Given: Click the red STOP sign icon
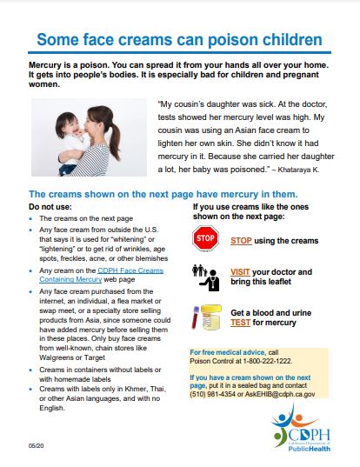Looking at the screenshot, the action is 205,237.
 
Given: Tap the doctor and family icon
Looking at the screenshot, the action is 205,277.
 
